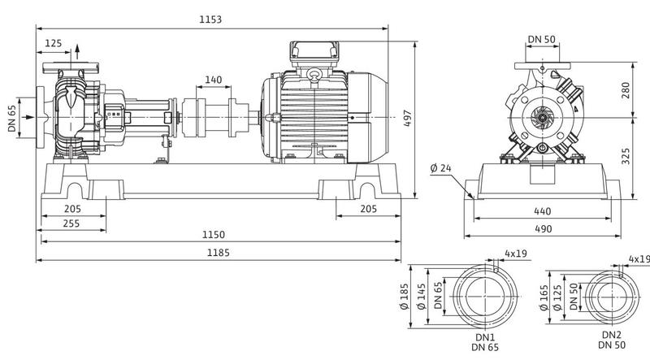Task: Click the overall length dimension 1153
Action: click(210, 20)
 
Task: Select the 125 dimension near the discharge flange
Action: click(53, 43)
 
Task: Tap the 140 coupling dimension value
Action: click(214, 79)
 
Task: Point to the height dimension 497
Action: click(407, 118)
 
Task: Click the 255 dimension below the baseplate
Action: click(71, 223)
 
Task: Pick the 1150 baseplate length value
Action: click(214, 235)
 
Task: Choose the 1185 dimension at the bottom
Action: click(218, 253)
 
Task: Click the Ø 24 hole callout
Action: click(440, 168)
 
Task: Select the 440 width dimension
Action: click(542, 211)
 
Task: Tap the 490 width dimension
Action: click(543, 229)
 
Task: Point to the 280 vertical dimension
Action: click(626, 90)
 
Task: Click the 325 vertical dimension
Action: click(626, 156)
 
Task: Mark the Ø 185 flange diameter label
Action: click(405, 297)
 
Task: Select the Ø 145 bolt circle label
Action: click(421, 297)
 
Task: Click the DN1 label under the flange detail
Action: click(485, 337)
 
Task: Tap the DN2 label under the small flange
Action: click(612, 335)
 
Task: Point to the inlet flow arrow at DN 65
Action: click(28, 117)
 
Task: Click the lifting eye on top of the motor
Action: click(314, 75)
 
